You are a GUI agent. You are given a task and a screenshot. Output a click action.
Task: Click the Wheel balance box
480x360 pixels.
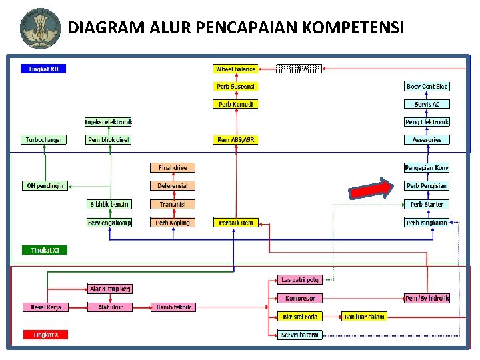tap(235, 69)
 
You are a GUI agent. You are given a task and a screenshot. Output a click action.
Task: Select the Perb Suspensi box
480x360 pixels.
tap(235, 86)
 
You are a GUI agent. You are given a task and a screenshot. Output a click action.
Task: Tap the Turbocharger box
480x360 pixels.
tap(44, 140)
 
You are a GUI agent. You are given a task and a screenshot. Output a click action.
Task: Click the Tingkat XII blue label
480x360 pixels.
tap(45, 68)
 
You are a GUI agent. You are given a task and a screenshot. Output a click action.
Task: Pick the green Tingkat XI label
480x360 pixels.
tap(45, 250)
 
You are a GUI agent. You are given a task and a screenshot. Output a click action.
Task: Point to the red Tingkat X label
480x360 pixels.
tap(45, 335)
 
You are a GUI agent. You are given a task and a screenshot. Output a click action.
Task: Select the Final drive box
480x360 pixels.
tap(173, 168)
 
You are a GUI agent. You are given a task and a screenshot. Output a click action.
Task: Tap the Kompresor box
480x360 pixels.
tap(299, 298)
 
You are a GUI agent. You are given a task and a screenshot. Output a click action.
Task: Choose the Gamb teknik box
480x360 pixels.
tap(173, 307)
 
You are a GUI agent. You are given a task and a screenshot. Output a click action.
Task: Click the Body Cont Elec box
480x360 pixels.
tap(427, 86)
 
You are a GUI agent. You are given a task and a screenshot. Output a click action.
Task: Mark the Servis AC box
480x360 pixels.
tap(427, 104)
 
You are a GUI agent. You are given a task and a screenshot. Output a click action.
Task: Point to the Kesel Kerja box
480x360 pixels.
tap(45, 307)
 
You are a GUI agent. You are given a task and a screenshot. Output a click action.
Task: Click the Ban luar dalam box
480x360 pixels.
tap(364, 316)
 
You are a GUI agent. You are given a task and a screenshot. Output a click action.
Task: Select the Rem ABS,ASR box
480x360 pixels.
tap(235, 140)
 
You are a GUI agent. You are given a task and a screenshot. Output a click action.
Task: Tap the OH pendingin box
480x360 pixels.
tap(45, 185)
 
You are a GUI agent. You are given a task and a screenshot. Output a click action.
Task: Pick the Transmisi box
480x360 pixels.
tap(173, 204)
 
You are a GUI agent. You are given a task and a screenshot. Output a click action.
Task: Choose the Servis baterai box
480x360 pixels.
tap(299, 334)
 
